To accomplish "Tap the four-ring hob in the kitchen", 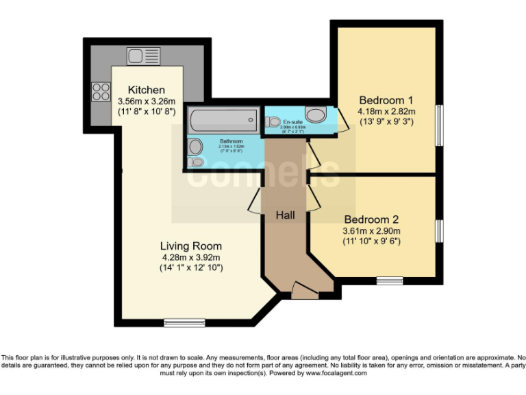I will pos(101,91).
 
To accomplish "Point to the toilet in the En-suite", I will pos(275,122).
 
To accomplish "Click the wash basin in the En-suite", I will pos(316,115).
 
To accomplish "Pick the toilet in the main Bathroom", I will pos(197,163).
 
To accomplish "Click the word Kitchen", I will pos(147,90).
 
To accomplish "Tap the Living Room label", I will pos(190,246).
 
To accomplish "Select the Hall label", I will pos(285,215).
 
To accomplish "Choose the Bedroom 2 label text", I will pos(371,219).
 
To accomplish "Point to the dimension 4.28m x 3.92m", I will pos(190,257).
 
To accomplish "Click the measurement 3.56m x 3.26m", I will pos(147,101).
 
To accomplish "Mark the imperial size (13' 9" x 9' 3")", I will pos(387,122).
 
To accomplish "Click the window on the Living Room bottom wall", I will pos(185,322).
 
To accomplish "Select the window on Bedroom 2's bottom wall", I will pos(389,279).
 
